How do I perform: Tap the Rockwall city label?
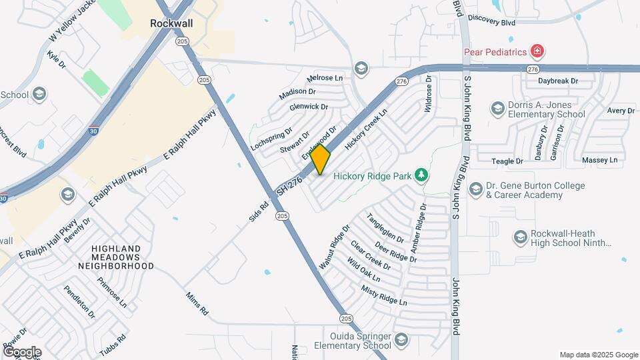click(171, 22)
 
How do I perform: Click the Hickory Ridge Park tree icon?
click(421, 175)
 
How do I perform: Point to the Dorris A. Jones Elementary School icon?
click(497, 108)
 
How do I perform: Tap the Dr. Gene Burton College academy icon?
click(475, 190)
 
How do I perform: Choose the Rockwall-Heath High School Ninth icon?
click(521, 237)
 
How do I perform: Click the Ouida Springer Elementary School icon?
click(401, 341)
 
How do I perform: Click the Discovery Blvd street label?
click(491, 21)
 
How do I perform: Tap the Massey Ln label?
click(599, 161)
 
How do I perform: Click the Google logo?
click(22, 351)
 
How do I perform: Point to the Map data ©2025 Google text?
click(598, 355)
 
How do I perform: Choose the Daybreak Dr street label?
click(558, 81)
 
